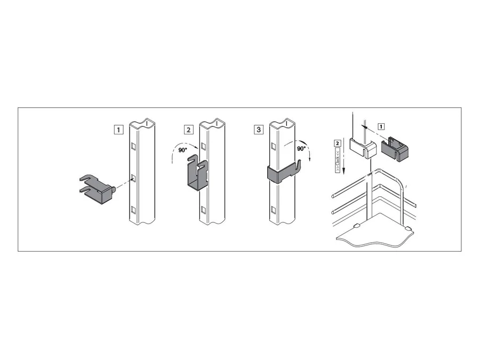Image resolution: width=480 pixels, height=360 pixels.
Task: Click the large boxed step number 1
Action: point(118,130)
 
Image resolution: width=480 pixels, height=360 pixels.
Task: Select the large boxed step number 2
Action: point(189,130)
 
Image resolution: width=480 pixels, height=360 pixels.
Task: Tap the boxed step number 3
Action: point(259,130)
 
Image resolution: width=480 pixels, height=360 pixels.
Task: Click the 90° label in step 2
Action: point(183,150)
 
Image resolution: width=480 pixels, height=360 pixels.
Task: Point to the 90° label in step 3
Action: point(301,149)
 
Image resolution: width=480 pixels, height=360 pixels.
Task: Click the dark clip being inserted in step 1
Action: point(97,189)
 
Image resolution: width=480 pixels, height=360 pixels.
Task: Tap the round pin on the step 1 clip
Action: point(114,189)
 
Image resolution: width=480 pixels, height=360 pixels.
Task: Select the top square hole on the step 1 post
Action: point(133,146)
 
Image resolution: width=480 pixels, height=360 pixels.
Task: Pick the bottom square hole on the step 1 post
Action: point(133,210)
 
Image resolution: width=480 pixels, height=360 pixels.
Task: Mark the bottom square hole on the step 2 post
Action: point(203,210)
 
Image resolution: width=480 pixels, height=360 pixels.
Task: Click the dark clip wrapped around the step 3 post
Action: point(283,173)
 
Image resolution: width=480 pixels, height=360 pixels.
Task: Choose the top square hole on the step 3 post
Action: point(274,146)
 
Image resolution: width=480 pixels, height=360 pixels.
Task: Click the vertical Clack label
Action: point(338,160)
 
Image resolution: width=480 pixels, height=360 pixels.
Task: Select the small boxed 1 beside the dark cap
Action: point(381,126)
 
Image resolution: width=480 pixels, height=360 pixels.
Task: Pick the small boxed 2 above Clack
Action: point(338,143)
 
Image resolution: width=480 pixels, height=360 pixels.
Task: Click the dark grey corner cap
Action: point(395,149)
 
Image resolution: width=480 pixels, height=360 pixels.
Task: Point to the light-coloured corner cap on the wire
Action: point(363,148)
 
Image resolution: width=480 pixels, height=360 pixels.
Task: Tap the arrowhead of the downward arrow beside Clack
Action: point(345,172)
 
